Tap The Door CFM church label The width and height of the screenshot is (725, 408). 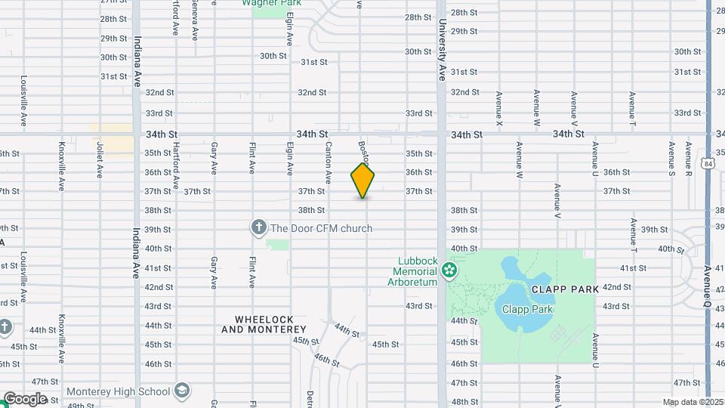[322, 228]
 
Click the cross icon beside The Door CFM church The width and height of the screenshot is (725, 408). [258, 227]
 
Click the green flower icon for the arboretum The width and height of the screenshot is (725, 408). [450, 270]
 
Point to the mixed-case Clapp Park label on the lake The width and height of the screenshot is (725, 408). [524, 309]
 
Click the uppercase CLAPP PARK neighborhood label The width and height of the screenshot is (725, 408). [565, 289]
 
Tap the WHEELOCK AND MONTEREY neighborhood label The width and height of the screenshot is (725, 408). [264, 324]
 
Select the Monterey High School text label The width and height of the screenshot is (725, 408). [119, 391]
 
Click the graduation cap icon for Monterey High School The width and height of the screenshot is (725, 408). [181, 391]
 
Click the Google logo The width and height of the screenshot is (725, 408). [24, 398]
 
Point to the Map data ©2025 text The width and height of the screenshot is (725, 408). [692, 402]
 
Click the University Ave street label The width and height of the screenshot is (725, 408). [441, 50]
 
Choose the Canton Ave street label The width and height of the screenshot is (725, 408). [329, 163]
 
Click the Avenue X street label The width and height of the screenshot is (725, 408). [499, 109]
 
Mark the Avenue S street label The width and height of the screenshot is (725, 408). [671, 154]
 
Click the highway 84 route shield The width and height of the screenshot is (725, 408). [705, 163]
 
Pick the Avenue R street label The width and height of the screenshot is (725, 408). [688, 154]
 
